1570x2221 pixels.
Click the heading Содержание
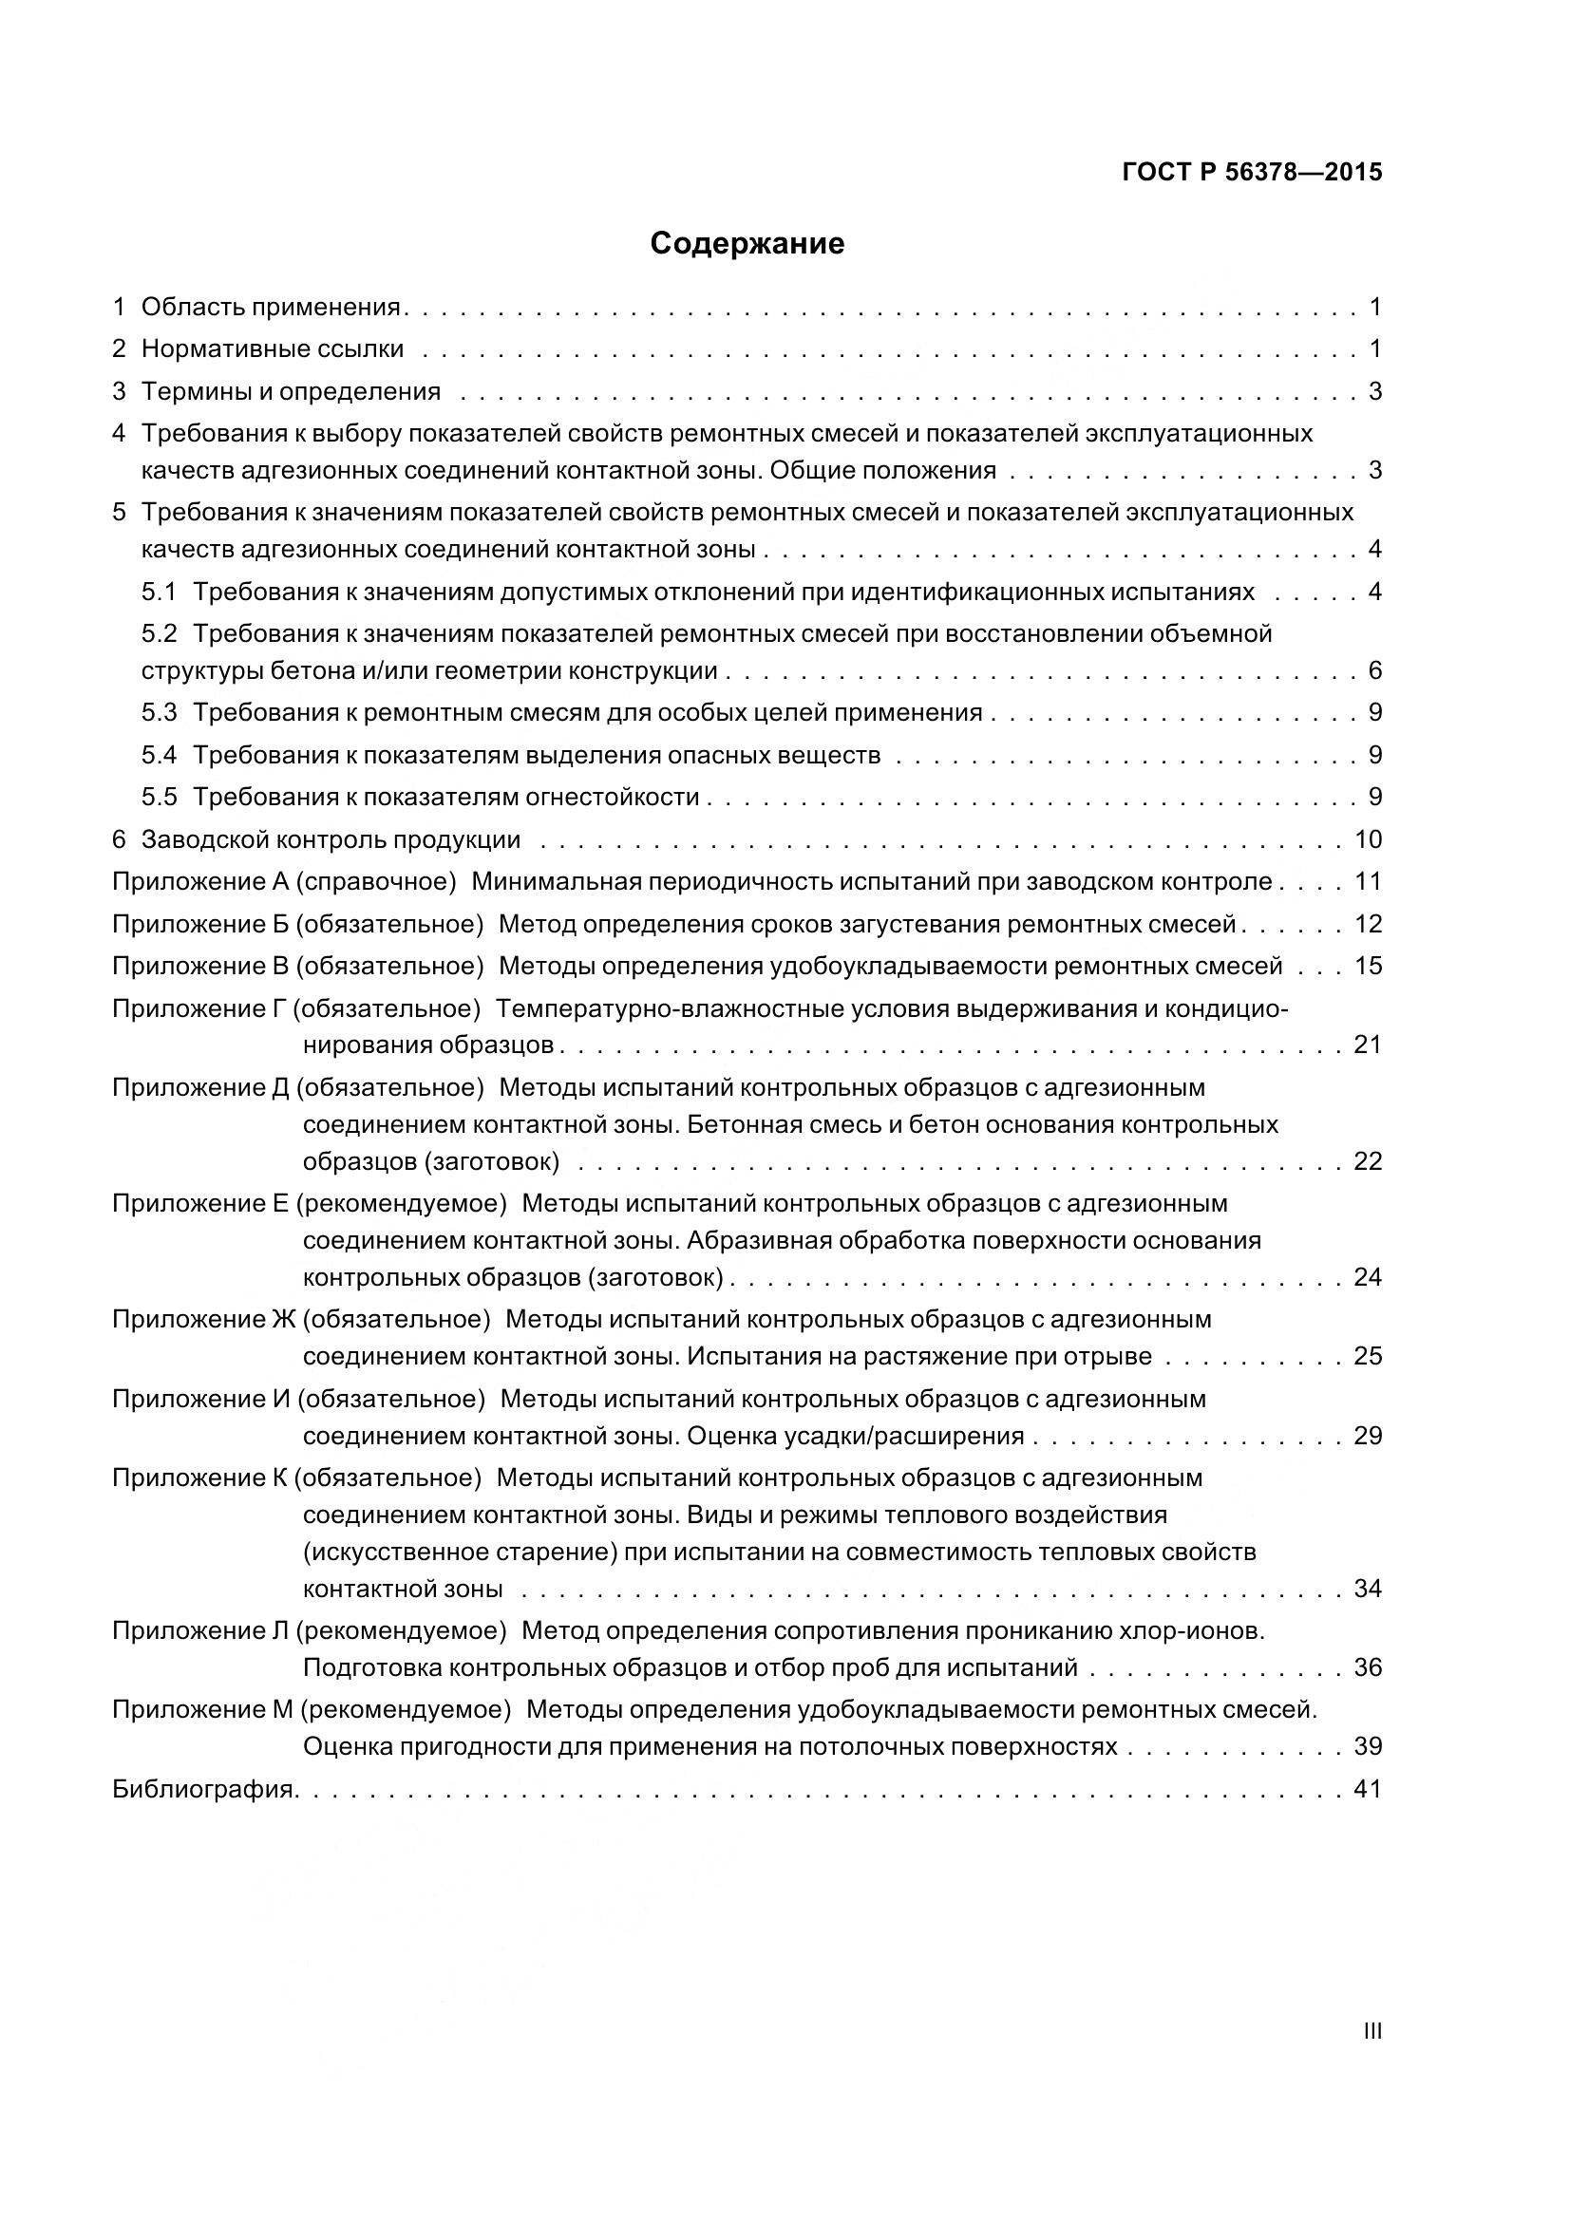tap(747, 244)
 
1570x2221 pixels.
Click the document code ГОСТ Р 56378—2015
tap(1252, 173)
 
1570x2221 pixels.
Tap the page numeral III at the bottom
tap(1371, 2031)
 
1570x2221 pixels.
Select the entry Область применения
tap(271, 308)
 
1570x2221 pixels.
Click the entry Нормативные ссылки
tap(272, 349)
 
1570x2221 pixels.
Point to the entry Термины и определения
tap(291, 392)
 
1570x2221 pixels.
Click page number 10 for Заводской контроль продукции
tap(1368, 839)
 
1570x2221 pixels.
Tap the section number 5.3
tap(160, 713)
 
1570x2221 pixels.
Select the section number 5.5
tap(160, 797)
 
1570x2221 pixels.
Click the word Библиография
tap(204, 1790)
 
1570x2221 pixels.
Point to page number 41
tap(1368, 1790)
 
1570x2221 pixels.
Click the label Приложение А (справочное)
tap(283, 882)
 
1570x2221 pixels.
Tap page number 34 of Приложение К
tap(1368, 1589)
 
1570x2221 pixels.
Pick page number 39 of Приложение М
tap(1368, 1747)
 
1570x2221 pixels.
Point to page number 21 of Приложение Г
tap(1368, 1045)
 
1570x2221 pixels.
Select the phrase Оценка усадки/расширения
tap(855, 1436)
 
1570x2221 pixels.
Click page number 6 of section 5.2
tap(1374, 671)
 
